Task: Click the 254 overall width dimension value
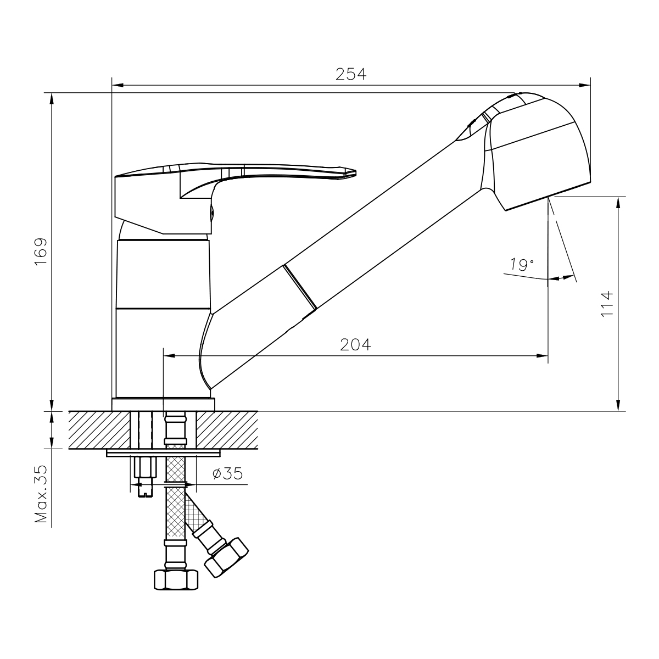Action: (x=350, y=74)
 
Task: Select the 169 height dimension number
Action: (x=41, y=252)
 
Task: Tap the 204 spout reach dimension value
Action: (x=355, y=345)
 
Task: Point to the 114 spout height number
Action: (x=607, y=304)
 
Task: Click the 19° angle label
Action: (x=522, y=264)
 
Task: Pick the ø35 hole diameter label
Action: (x=227, y=473)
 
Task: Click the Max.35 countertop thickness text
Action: (x=41, y=494)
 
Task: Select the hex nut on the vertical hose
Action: (x=176, y=579)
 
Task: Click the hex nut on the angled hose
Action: (x=226, y=557)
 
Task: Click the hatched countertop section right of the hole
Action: (x=227, y=430)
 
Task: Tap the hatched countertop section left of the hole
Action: (x=99, y=430)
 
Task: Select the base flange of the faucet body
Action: (x=163, y=404)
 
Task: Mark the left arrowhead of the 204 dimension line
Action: (x=170, y=356)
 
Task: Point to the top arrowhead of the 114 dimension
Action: (x=618, y=203)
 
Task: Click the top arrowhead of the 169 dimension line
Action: (x=52, y=99)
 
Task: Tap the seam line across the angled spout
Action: (x=300, y=287)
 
